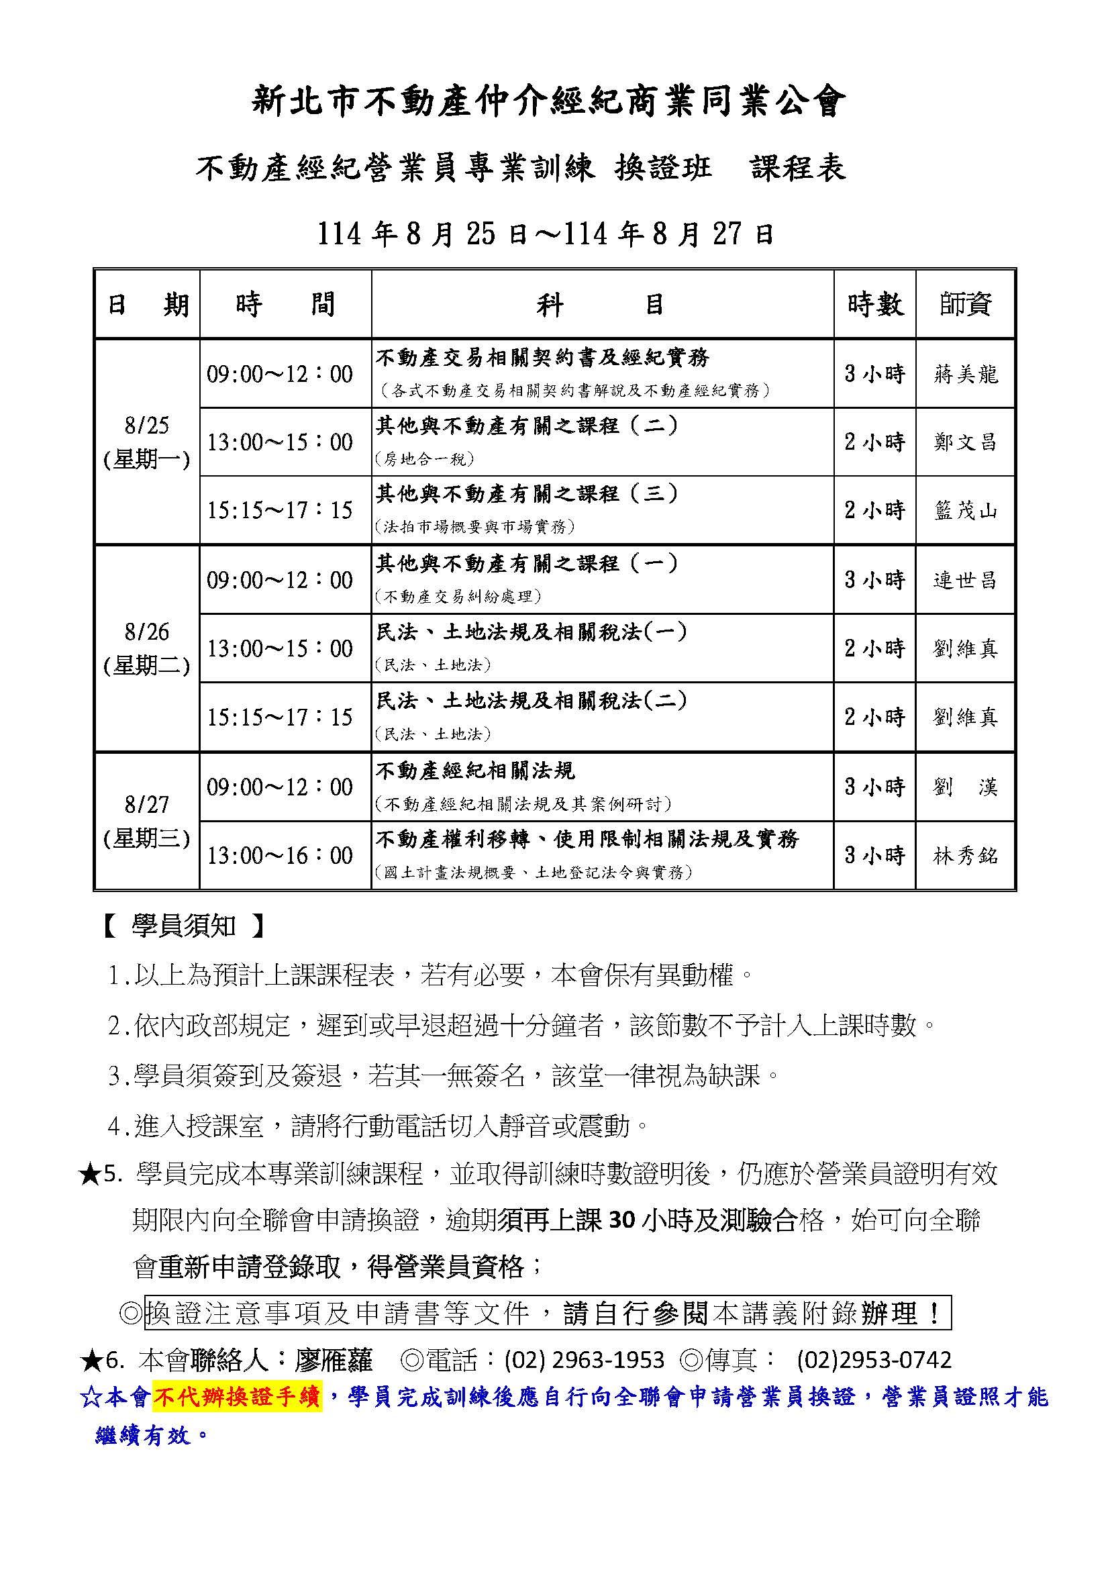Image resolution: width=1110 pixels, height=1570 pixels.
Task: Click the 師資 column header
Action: click(x=965, y=304)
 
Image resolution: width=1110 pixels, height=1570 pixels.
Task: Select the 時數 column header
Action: click(x=875, y=304)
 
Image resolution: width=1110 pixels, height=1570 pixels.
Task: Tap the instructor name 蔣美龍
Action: click(x=965, y=374)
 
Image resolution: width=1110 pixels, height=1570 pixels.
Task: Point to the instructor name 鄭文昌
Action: click(x=965, y=442)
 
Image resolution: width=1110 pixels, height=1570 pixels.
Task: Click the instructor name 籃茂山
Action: click(x=965, y=510)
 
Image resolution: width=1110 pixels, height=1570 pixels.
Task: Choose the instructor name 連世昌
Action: click(x=965, y=580)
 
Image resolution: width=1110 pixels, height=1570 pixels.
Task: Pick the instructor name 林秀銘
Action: click(x=965, y=855)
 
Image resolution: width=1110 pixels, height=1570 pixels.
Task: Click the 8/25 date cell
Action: click(x=147, y=442)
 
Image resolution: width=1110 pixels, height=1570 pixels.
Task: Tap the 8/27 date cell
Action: click(x=147, y=820)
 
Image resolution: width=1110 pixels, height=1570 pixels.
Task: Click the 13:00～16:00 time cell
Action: click(x=280, y=855)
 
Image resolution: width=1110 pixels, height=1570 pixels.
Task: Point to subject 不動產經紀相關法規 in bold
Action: click(x=475, y=771)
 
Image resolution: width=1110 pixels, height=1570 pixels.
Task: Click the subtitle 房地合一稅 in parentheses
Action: click(x=424, y=459)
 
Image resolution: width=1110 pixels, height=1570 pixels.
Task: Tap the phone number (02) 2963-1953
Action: click(x=585, y=1360)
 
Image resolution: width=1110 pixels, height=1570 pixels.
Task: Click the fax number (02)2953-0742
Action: click(x=874, y=1360)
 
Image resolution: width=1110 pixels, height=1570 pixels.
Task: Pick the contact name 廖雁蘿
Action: click(x=334, y=1360)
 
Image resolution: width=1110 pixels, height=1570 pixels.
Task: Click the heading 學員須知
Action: click(x=183, y=926)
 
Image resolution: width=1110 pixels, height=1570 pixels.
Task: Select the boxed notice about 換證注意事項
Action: click(x=548, y=1313)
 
